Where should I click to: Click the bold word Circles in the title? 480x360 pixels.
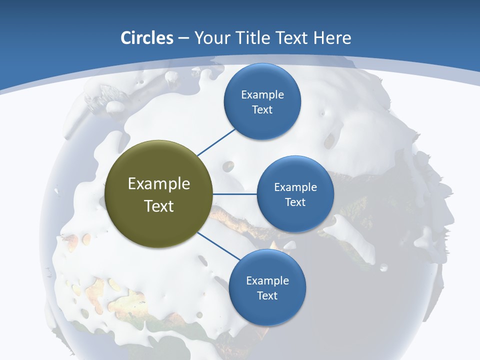[x=147, y=38]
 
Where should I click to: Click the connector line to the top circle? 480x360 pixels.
[x=216, y=142]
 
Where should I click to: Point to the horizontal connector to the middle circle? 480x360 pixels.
[x=235, y=194]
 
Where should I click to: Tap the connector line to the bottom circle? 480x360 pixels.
[x=218, y=245]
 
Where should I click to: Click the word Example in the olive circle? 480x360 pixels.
[x=159, y=184]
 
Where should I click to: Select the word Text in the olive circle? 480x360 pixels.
[x=159, y=206]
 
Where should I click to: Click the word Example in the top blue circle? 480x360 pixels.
[x=262, y=94]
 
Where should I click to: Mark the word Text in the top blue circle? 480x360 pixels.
[x=262, y=109]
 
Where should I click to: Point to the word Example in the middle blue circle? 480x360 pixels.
[x=295, y=187]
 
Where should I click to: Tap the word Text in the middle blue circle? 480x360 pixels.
[x=295, y=202]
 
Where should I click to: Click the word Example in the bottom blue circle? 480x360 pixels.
[x=267, y=280]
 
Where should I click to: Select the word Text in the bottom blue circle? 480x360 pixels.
[x=267, y=295]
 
